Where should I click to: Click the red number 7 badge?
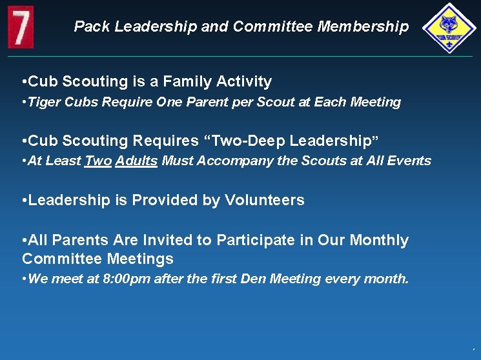pos(21,26)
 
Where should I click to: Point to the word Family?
pos(189,81)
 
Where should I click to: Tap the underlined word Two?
pos(98,161)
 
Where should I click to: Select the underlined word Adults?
pos(136,161)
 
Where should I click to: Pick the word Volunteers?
pos(264,200)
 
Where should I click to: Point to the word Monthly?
pos(379,240)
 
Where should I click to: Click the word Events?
pos(408,161)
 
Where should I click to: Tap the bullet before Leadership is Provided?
pos(24,200)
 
